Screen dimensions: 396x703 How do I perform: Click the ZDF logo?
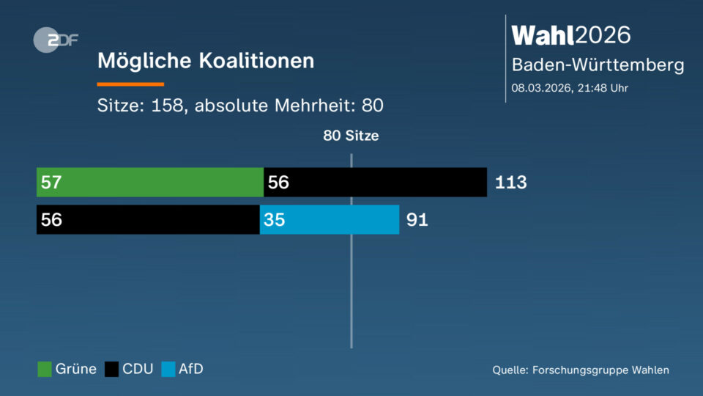[x=56, y=41]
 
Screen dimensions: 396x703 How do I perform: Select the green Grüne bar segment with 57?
[x=150, y=182]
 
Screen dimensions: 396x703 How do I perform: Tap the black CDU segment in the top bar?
[x=375, y=182]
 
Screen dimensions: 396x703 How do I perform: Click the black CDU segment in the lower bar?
[x=148, y=219]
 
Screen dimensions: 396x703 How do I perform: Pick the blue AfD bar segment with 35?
[x=330, y=219]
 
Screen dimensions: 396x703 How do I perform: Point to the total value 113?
[x=510, y=183]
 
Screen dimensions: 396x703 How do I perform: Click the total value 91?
[x=417, y=220]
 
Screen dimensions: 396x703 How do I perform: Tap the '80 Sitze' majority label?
[x=351, y=136]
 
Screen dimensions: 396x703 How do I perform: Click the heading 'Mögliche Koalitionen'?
[x=206, y=60]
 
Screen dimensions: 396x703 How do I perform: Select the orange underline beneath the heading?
[x=130, y=84]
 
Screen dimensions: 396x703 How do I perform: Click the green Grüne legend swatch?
[x=45, y=370]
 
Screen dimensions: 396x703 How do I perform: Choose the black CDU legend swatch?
[x=111, y=370]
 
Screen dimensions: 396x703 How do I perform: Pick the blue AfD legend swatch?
[x=168, y=370]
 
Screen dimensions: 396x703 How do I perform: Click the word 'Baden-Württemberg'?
[x=598, y=65]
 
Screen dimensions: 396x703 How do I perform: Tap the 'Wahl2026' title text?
[x=571, y=34]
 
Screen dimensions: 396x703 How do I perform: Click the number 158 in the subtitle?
[x=166, y=106]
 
